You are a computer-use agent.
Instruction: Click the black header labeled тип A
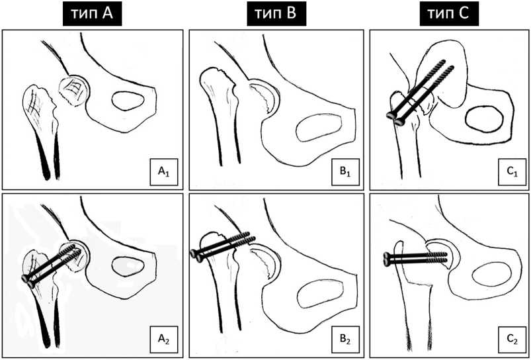(x=91, y=13)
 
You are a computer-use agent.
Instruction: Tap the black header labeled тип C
(x=451, y=13)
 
